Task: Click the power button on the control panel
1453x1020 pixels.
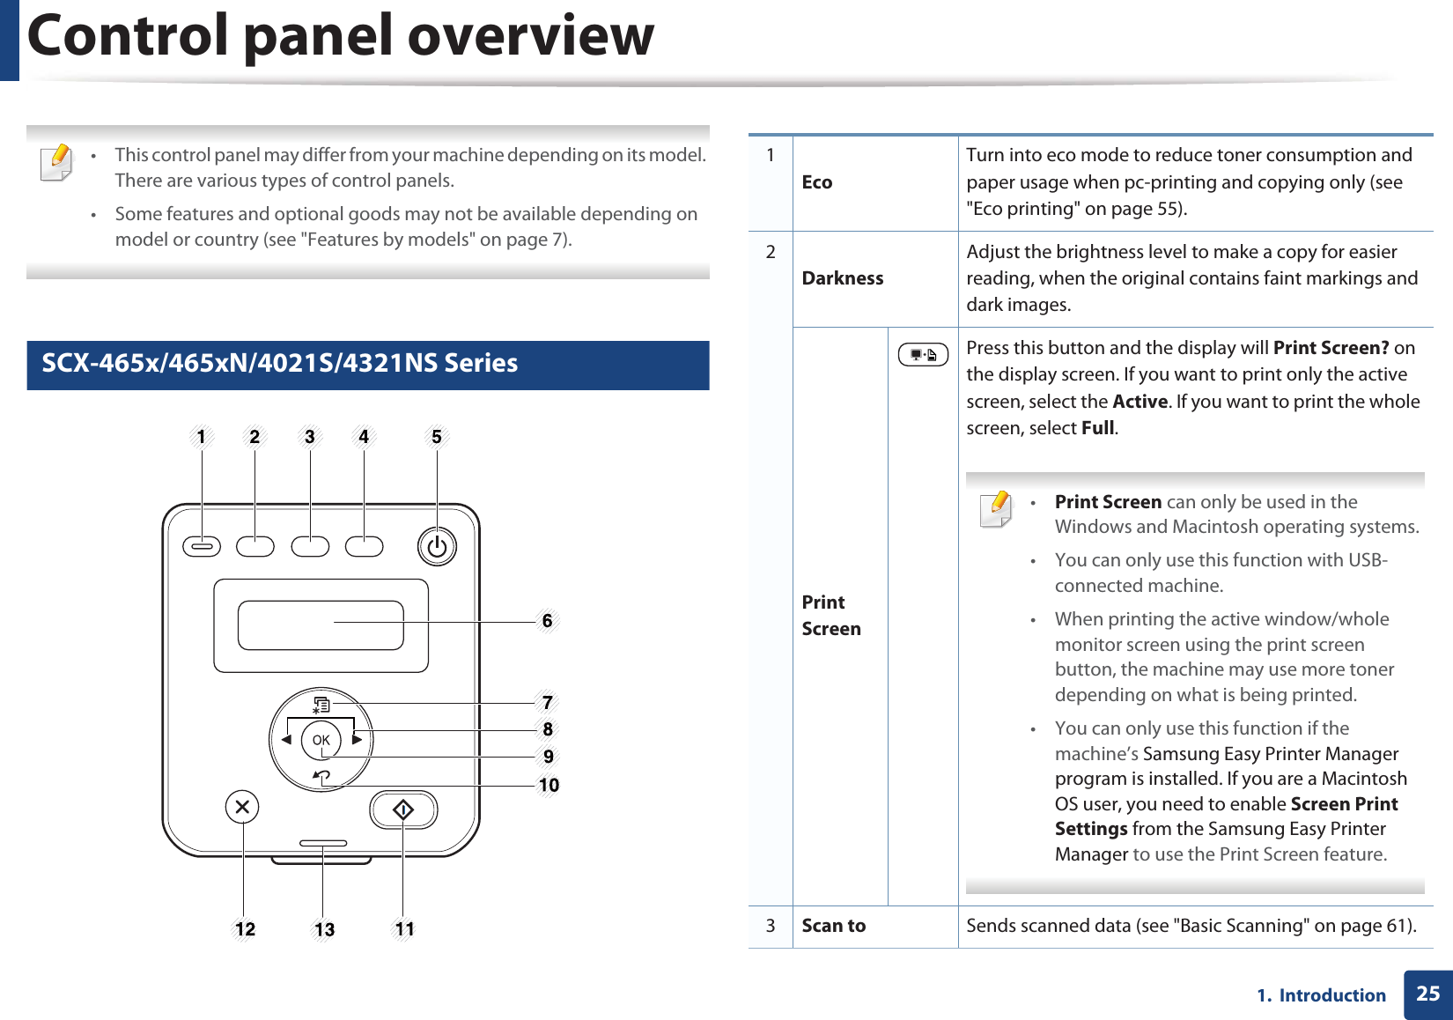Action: [437, 547]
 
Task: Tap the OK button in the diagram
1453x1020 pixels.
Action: [321, 740]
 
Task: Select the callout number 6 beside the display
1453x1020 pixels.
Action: [547, 621]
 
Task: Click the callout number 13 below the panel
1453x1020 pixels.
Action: [324, 929]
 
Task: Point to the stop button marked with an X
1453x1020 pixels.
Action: [242, 807]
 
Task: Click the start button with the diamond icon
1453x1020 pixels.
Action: [403, 809]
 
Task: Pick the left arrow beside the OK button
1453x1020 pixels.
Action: [286, 740]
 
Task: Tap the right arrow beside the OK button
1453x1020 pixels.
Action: [357, 740]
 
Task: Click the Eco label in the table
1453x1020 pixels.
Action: [816, 182]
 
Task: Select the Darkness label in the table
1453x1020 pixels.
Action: [842, 278]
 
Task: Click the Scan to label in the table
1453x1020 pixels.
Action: [833, 926]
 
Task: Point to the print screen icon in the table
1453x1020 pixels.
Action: [923, 355]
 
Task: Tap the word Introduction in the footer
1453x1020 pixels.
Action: [1331, 995]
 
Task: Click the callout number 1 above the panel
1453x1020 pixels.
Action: [202, 437]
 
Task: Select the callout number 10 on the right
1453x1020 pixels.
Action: [549, 785]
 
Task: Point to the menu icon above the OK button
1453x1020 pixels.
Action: [321, 705]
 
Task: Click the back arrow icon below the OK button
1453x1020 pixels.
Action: [321, 777]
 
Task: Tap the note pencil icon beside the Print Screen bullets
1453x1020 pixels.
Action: [997, 508]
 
